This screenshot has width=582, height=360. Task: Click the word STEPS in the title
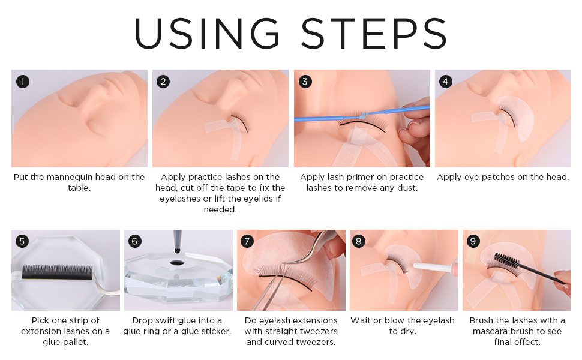[374, 34]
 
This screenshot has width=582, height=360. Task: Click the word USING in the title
[207, 34]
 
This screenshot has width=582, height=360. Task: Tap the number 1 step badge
[23, 81]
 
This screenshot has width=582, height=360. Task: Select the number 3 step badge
[305, 81]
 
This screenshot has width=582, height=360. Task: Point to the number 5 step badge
[22, 241]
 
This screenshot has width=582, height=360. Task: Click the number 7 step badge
[247, 241]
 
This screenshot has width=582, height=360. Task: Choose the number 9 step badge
[473, 241]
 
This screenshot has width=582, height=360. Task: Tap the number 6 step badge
[135, 241]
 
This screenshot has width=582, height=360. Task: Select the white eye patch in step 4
[516, 117]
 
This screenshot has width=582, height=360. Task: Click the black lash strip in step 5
[57, 272]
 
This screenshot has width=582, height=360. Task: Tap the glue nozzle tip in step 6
[178, 251]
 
